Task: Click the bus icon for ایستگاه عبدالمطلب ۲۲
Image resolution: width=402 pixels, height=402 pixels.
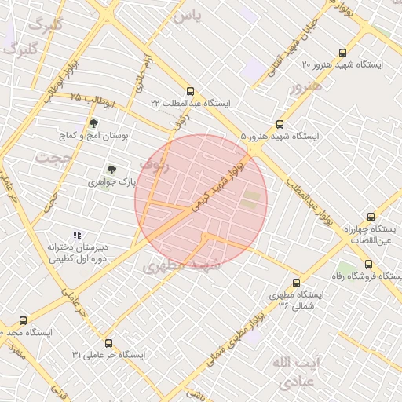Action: [x=191, y=91]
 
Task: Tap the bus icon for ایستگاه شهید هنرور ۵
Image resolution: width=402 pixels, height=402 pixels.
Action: [x=280, y=124]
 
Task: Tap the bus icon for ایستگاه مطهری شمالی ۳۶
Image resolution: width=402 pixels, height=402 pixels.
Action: [x=296, y=283]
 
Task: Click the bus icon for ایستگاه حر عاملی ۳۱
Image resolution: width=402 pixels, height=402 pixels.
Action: [x=108, y=343]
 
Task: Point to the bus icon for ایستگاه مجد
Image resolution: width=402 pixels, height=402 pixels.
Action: [x=23, y=321]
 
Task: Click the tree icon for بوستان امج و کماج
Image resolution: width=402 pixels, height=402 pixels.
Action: [x=93, y=123]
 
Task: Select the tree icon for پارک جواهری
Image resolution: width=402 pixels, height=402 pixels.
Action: [x=111, y=170]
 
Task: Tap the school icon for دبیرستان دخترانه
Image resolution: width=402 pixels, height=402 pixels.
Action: [x=77, y=235]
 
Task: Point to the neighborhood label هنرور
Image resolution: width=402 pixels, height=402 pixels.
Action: [x=306, y=86]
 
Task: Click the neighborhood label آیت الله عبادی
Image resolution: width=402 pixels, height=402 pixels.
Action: [x=295, y=371]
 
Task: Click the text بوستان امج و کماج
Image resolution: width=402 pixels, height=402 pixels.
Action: [x=94, y=136]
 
